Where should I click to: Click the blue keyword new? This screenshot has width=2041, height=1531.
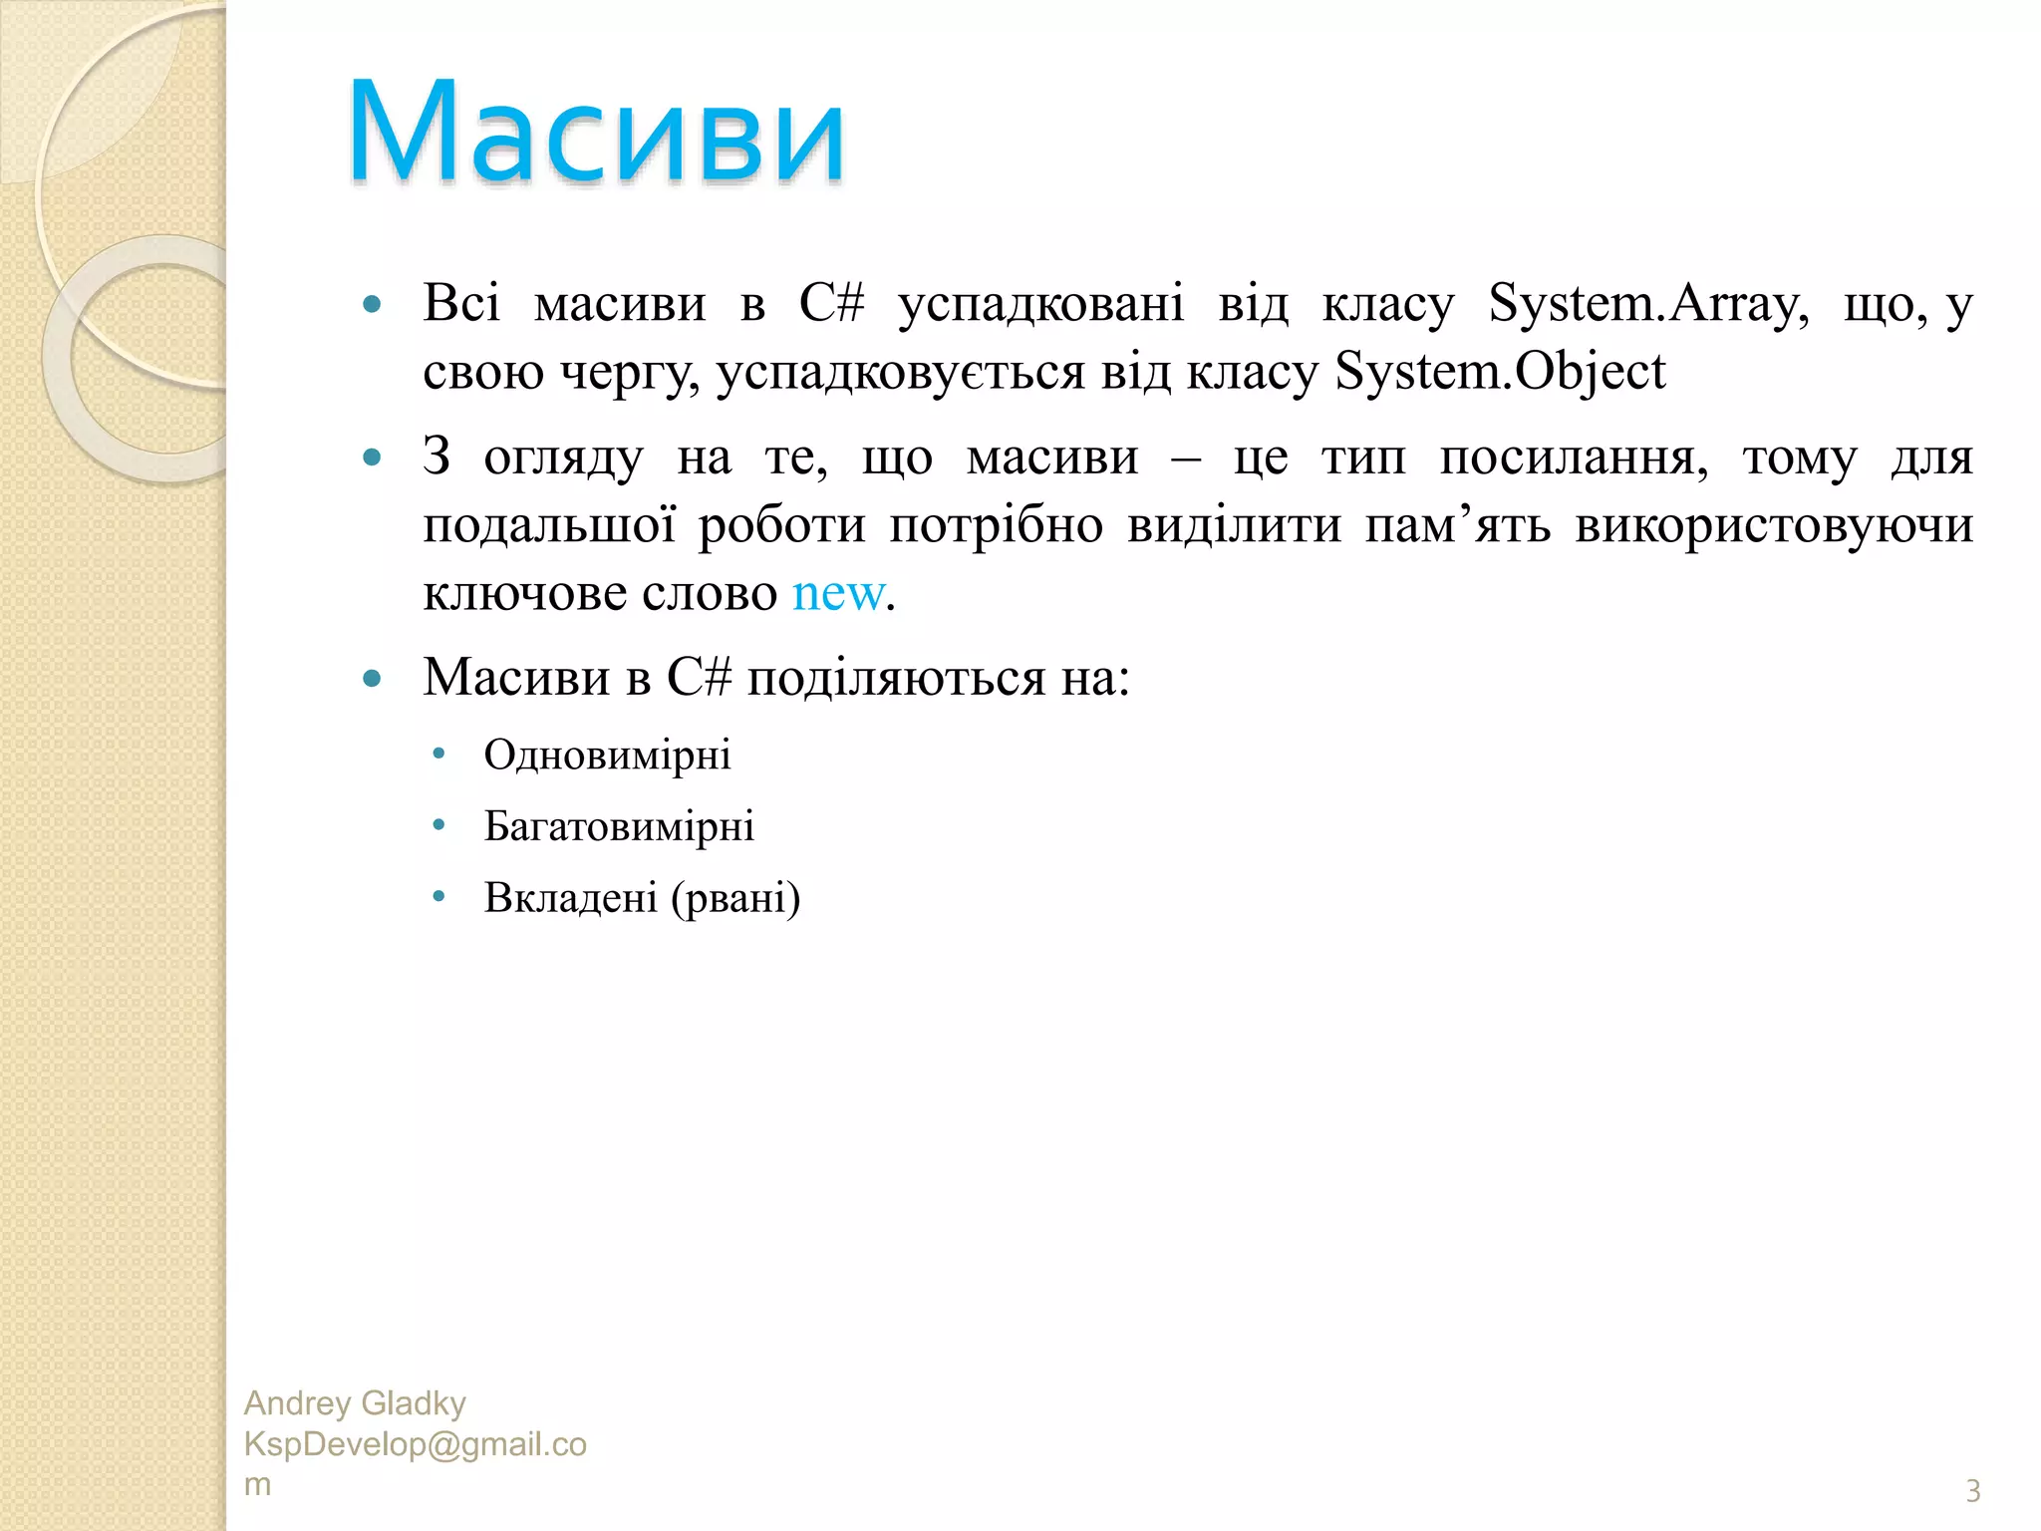tap(838, 593)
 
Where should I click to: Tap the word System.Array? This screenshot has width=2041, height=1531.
tap(1648, 303)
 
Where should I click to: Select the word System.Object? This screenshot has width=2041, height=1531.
tap(1499, 372)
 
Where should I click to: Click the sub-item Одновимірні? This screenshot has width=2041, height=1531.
tap(607, 756)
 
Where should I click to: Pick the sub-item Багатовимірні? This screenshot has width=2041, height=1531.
tap(619, 826)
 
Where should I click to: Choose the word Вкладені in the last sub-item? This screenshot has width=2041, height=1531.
tap(570, 897)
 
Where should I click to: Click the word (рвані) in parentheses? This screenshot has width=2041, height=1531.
tap(735, 898)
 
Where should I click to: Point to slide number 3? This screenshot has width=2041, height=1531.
tap(1972, 1491)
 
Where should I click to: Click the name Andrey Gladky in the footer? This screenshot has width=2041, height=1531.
tap(355, 1403)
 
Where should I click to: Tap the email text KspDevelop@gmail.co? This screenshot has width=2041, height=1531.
tap(415, 1444)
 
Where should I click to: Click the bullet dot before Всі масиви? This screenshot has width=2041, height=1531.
tap(373, 304)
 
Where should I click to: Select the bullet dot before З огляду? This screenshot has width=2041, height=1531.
tap(373, 459)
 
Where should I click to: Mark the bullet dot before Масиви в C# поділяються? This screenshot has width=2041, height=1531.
tap(373, 680)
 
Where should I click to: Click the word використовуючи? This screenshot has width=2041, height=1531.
tap(1773, 525)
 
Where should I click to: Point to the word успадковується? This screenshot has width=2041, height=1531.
tap(901, 372)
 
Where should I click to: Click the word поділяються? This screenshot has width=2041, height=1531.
tap(895, 679)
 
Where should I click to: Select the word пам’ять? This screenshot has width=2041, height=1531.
tap(1457, 525)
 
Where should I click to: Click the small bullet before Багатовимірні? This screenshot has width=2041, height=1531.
tap(438, 825)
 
